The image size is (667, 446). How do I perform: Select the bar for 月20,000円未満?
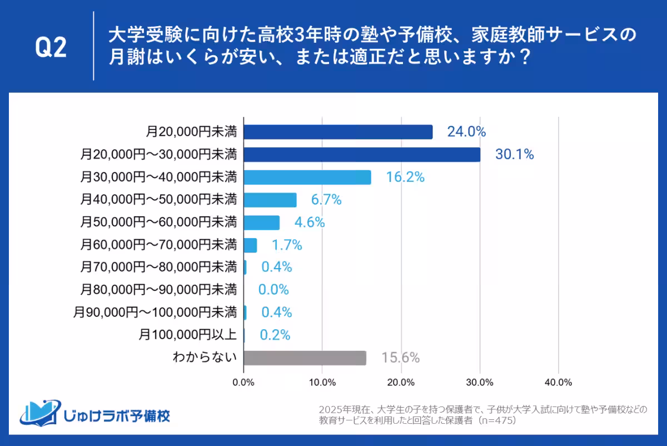click(338, 132)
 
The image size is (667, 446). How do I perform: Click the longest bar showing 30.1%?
click(362, 155)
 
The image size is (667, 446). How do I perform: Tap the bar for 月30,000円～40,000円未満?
click(307, 177)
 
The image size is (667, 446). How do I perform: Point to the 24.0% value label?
click(466, 132)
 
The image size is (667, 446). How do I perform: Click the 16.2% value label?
click(405, 177)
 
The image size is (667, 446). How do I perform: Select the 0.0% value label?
click(273, 290)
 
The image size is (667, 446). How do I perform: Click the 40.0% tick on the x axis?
click(558, 383)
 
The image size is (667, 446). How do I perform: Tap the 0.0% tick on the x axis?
click(243, 383)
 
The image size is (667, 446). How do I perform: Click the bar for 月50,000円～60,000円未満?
click(262, 222)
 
